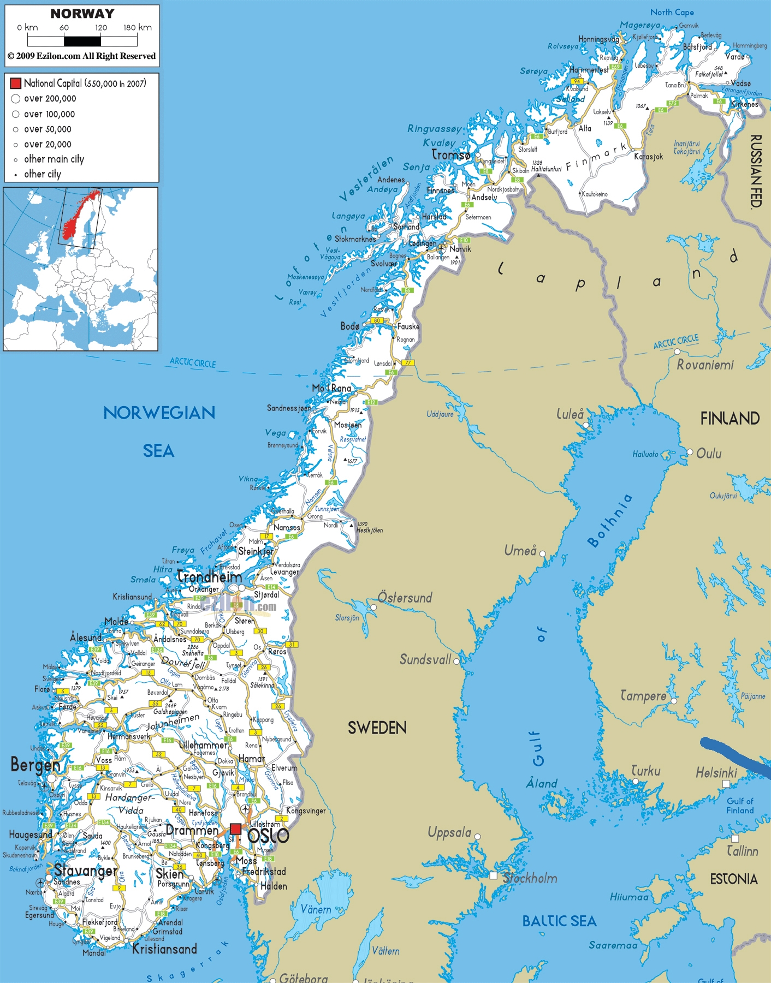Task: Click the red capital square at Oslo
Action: tap(235, 829)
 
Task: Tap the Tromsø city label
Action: tap(451, 155)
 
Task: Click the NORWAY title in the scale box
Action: tap(82, 14)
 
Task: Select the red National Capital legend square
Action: tap(15, 83)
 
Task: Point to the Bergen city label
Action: tap(35, 765)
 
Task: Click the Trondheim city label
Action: tap(210, 576)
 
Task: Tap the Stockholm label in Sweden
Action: tap(530, 878)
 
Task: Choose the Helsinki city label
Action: tap(716, 773)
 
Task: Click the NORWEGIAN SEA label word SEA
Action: tap(158, 451)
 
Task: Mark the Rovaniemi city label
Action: tap(705, 365)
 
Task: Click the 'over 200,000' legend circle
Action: tap(16, 99)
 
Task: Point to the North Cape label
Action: tap(672, 12)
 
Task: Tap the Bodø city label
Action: tap(350, 326)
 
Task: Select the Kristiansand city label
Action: tap(164, 949)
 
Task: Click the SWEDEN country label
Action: tap(377, 728)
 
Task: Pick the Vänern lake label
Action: tap(316, 909)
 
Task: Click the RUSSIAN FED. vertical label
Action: tap(756, 171)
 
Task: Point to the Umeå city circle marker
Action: tap(542, 553)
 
